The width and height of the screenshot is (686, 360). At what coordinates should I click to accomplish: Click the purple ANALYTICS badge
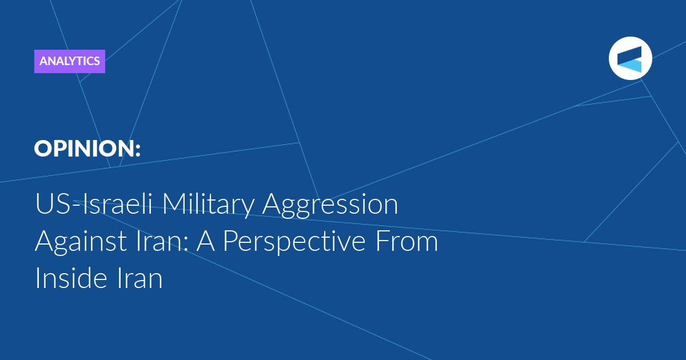pos(70,61)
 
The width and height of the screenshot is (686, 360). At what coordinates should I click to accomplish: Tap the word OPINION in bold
pos(84,149)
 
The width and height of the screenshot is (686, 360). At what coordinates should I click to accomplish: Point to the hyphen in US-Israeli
pos(78,205)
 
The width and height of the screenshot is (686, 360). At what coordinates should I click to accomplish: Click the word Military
pos(208,205)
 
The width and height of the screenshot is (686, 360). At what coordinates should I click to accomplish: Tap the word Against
pos(81,242)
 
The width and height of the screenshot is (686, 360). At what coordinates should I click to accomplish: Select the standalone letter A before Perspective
pos(205,241)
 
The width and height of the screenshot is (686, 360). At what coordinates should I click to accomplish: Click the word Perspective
pos(294,242)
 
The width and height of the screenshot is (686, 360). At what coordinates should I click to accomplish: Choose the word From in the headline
pos(406,241)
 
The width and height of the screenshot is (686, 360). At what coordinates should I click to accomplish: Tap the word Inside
pos(71,277)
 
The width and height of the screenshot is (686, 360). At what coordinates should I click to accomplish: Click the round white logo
pos(630,58)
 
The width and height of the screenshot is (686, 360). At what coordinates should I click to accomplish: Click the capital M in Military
pos(173,203)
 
